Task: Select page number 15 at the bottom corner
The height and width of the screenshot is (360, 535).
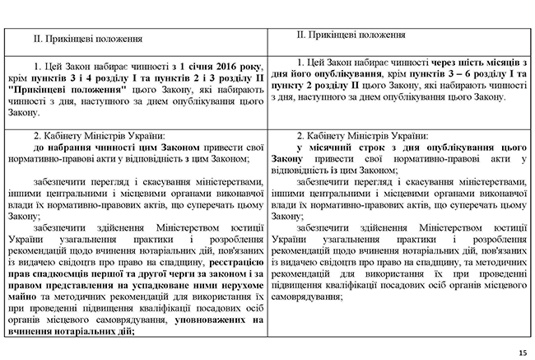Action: tap(523, 353)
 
